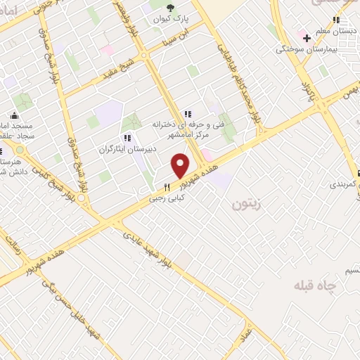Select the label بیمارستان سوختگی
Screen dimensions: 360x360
pyautogui.click(x=307, y=49)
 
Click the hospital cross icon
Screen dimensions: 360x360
pyautogui.click(x=307, y=37)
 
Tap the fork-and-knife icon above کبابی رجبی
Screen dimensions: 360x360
pyautogui.click(x=167, y=188)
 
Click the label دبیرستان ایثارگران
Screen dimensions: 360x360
pyautogui.click(x=145, y=149)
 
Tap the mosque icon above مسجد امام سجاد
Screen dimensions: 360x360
pyautogui.click(x=13, y=117)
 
